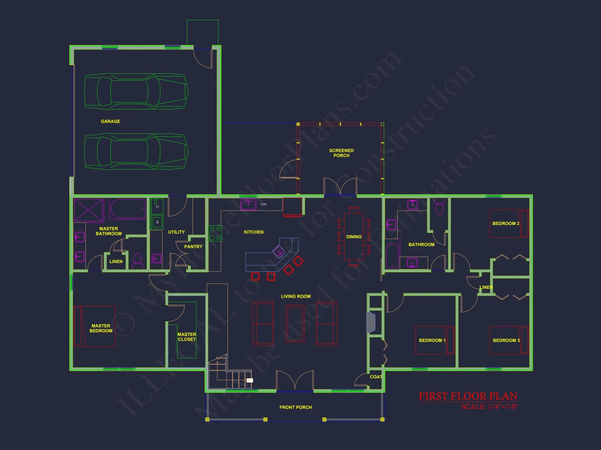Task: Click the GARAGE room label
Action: pyautogui.click(x=110, y=121)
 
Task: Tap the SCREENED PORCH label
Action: pyautogui.click(x=341, y=153)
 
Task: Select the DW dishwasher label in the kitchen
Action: pyautogui.click(x=264, y=204)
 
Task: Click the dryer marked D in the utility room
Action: pyautogui.click(x=157, y=206)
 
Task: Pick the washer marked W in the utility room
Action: pyautogui.click(x=157, y=222)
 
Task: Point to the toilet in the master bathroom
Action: pyautogui.click(x=138, y=261)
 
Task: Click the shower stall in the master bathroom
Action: pyautogui.click(x=88, y=210)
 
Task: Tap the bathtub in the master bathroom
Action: pyautogui.click(x=128, y=209)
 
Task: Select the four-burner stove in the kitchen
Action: pyautogui.click(x=215, y=233)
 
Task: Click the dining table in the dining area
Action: pyautogui.click(x=354, y=236)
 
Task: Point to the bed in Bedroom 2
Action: pyautogui.click(x=509, y=223)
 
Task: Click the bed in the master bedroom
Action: pyautogui.click(x=94, y=326)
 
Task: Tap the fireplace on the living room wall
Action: pyautogui.click(x=371, y=323)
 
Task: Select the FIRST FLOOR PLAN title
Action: pyautogui.click(x=468, y=396)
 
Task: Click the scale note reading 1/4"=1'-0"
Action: pyautogui.click(x=490, y=407)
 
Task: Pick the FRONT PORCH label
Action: pyautogui.click(x=295, y=407)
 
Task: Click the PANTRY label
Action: pyautogui.click(x=193, y=247)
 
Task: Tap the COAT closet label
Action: pyautogui.click(x=376, y=377)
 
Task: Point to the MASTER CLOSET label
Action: pyautogui.click(x=187, y=337)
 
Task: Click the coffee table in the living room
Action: pyautogui.click(x=295, y=324)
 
